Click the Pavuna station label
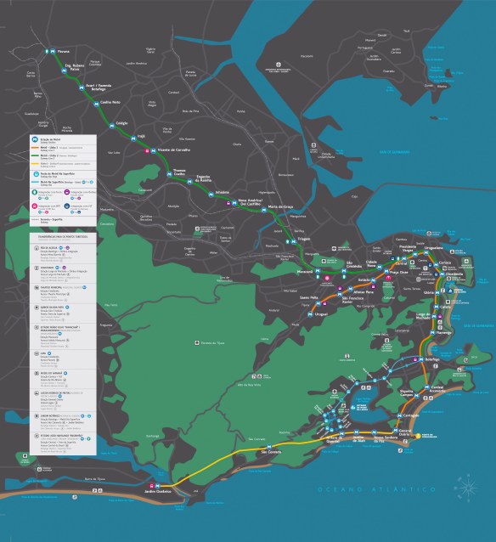click(64, 52)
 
